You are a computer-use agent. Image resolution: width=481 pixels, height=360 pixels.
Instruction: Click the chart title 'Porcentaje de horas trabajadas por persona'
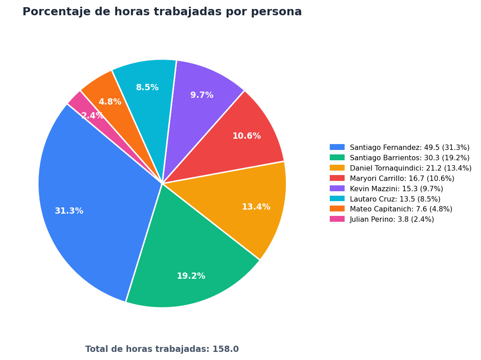[162, 12]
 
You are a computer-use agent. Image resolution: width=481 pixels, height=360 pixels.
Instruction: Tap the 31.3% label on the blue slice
[69, 211]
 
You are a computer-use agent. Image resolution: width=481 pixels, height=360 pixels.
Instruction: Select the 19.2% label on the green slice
[191, 276]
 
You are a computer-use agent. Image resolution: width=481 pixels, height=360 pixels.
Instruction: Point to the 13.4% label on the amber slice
[256, 207]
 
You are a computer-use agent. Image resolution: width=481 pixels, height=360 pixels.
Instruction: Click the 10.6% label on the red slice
[247, 136]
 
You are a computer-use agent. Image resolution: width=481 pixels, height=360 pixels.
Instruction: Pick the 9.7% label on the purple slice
[202, 95]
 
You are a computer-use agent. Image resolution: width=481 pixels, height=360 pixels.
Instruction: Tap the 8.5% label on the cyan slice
[147, 88]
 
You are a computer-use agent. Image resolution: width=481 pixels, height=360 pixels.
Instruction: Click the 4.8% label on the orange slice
[110, 101]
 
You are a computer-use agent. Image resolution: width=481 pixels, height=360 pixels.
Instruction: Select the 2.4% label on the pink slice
[92, 116]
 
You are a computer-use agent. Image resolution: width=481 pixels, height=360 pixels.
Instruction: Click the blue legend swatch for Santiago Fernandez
[337, 147]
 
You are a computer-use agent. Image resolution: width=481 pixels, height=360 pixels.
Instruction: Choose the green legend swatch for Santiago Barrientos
[337, 158]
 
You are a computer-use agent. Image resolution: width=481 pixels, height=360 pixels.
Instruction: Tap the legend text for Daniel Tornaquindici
[411, 168]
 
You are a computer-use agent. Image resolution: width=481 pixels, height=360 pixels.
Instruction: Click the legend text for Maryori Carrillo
[402, 178]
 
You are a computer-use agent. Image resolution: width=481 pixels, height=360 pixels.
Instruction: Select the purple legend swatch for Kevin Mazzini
[337, 189]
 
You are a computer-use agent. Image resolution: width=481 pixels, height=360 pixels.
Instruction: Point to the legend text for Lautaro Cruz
[395, 199]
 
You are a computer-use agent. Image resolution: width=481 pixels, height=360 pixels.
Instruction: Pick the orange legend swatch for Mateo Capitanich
[337, 209]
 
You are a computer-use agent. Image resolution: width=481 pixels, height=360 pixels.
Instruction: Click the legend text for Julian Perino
[392, 219]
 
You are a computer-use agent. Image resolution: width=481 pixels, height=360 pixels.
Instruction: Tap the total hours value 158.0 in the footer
[225, 349]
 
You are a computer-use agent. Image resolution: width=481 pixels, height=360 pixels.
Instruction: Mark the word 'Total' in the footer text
[95, 349]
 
